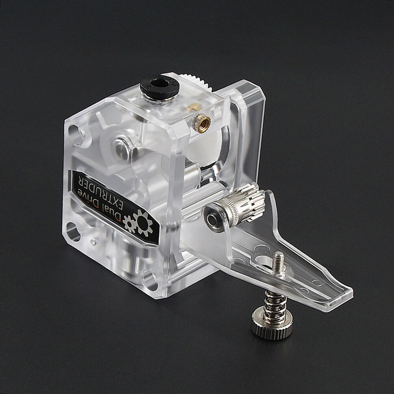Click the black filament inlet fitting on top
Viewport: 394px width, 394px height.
pos(158,85)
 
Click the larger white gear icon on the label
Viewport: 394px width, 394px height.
pos(143,223)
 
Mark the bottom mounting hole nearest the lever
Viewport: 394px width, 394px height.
pos(150,280)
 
